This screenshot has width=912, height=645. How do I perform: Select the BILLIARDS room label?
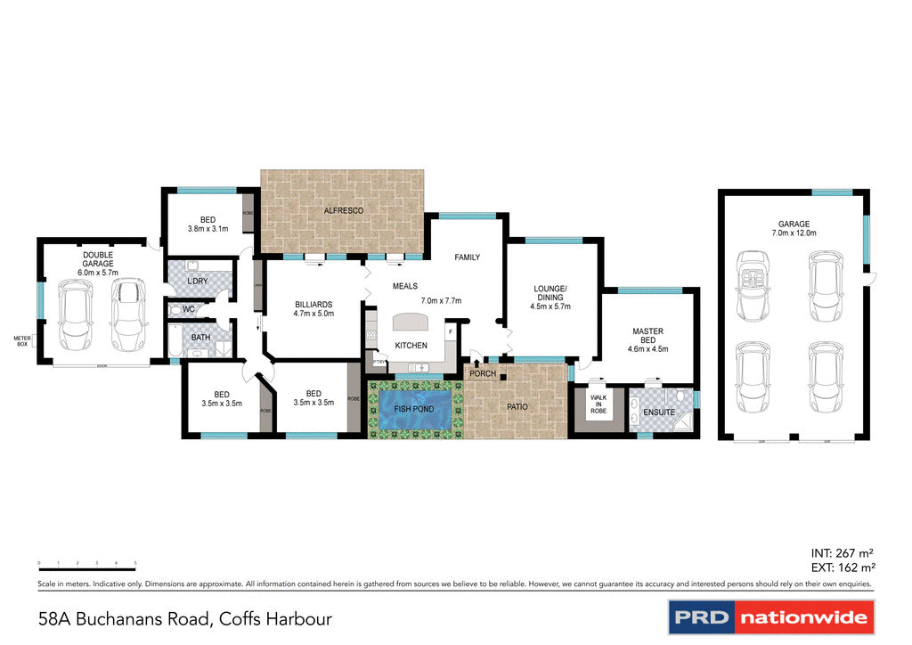click(313, 305)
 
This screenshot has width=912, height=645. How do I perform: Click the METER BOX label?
click(22, 341)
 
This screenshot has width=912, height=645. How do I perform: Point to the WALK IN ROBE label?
click(598, 404)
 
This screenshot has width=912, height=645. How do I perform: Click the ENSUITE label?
click(660, 412)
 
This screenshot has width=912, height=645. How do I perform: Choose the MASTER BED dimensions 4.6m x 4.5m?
click(647, 349)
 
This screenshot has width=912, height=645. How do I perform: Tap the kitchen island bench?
click(409, 322)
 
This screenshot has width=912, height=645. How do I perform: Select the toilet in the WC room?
click(176, 309)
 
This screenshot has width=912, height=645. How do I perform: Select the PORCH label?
click(484, 373)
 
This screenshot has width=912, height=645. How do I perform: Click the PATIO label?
click(517, 407)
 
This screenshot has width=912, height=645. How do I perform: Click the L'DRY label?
click(198, 282)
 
